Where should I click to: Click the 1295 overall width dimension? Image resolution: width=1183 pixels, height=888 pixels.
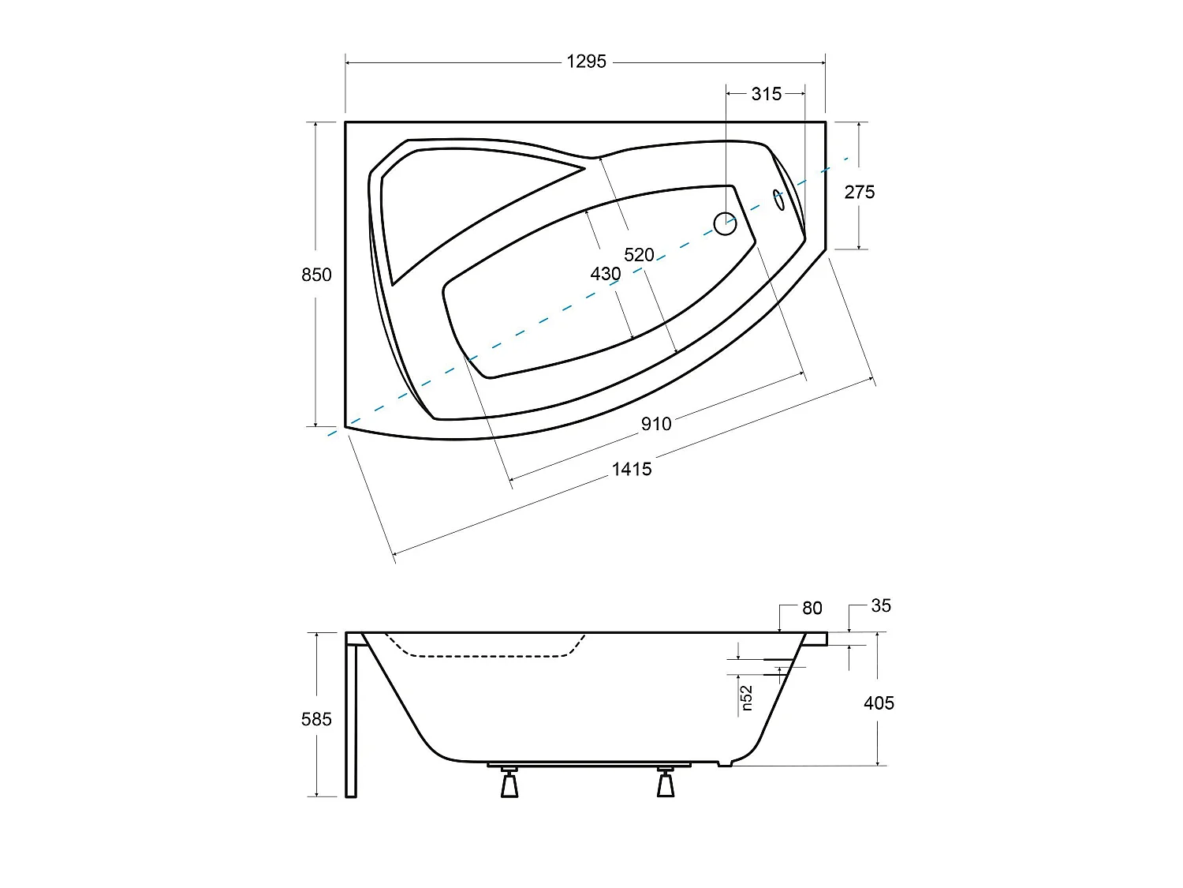(x=586, y=62)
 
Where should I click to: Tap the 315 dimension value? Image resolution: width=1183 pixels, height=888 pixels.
(x=766, y=94)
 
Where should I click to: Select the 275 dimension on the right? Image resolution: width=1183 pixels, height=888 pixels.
(x=859, y=192)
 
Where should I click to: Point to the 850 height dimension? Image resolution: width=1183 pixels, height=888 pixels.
(x=316, y=275)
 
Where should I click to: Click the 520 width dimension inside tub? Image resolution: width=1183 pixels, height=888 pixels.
(x=639, y=255)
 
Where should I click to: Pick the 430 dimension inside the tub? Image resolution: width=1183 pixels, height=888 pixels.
(x=605, y=274)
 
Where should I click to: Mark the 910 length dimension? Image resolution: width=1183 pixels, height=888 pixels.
(x=655, y=424)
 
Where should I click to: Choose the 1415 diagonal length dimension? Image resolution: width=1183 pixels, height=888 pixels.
(x=632, y=470)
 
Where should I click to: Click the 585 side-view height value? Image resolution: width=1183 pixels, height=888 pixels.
(x=316, y=719)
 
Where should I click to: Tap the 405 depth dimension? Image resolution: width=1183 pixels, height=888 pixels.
(x=879, y=703)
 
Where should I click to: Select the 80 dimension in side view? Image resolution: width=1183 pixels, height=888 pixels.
(x=812, y=608)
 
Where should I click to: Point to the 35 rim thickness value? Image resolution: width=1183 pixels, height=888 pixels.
(x=880, y=605)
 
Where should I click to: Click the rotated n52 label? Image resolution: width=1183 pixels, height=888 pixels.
(x=747, y=697)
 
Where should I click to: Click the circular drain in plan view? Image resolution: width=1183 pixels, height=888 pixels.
(x=725, y=224)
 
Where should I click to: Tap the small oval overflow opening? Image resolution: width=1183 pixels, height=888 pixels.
(x=778, y=200)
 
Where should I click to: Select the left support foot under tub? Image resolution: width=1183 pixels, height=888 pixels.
(x=509, y=783)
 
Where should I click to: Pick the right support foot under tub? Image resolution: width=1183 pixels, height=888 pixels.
(x=666, y=783)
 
